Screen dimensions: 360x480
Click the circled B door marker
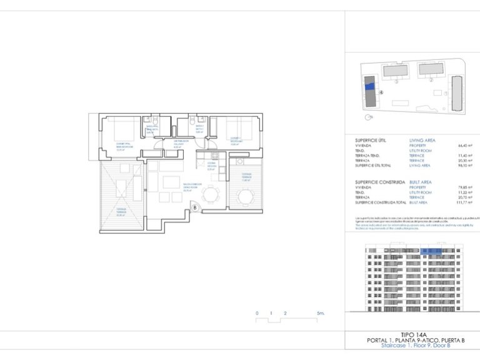coord(194,207)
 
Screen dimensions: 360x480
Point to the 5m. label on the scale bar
coord(320,312)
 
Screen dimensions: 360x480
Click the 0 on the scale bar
coord(257,312)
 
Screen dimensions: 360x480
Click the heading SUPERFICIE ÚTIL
coord(368,140)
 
